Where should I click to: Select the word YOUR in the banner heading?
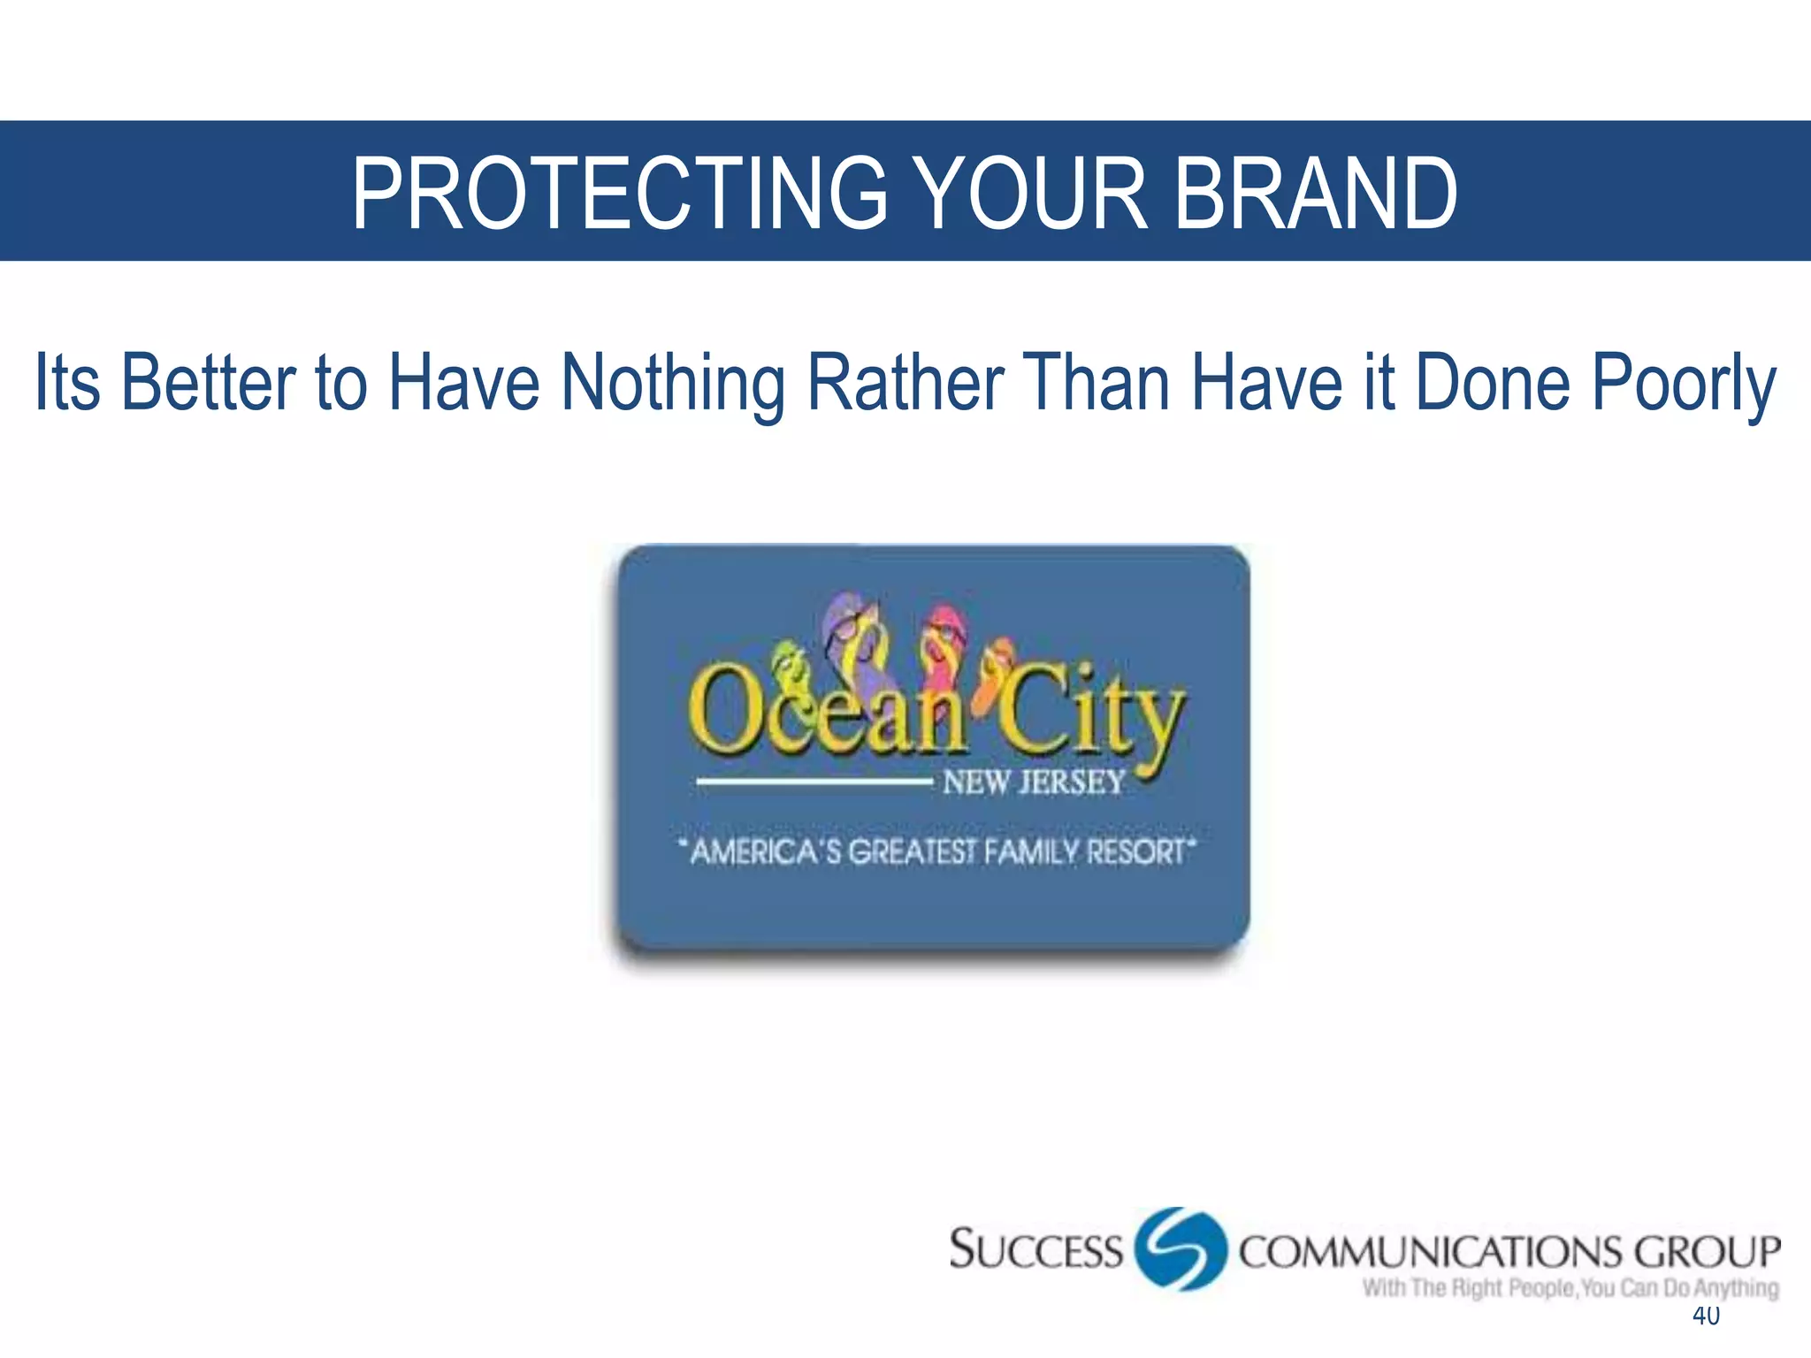(1030, 193)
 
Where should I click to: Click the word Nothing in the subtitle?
(674, 382)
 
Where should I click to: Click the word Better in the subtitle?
(209, 382)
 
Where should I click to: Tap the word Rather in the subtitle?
(905, 382)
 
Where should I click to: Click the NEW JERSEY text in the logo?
(1033, 782)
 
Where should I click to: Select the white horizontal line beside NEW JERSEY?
(814, 782)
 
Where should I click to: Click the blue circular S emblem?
(1181, 1248)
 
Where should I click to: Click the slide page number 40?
(1706, 1316)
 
